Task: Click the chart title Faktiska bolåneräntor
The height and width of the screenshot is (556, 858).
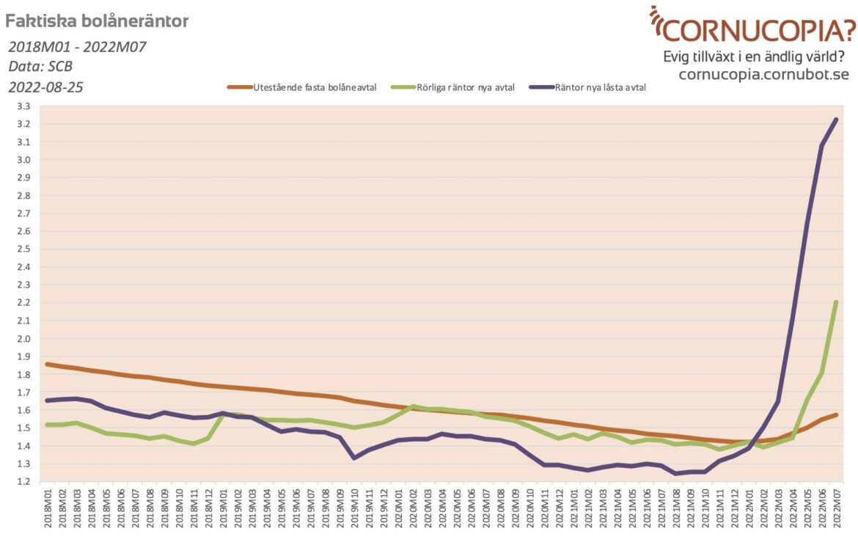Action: (x=97, y=21)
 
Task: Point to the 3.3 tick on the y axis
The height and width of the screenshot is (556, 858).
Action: (x=23, y=106)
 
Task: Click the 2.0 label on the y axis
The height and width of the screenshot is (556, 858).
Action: (x=23, y=339)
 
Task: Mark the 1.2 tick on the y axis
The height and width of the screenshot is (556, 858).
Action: (x=23, y=482)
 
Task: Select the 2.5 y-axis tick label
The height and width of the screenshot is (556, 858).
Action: (x=23, y=249)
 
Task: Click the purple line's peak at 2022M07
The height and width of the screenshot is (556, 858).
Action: (x=836, y=120)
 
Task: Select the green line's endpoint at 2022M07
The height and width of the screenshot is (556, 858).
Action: (x=836, y=302)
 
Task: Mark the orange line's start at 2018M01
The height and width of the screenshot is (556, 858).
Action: (x=48, y=364)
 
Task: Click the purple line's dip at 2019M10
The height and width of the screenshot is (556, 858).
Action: (x=355, y=458)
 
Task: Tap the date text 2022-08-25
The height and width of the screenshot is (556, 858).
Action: (x=45, y=87)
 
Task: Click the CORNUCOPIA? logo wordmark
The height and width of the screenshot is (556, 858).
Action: (x=759, y=30)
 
